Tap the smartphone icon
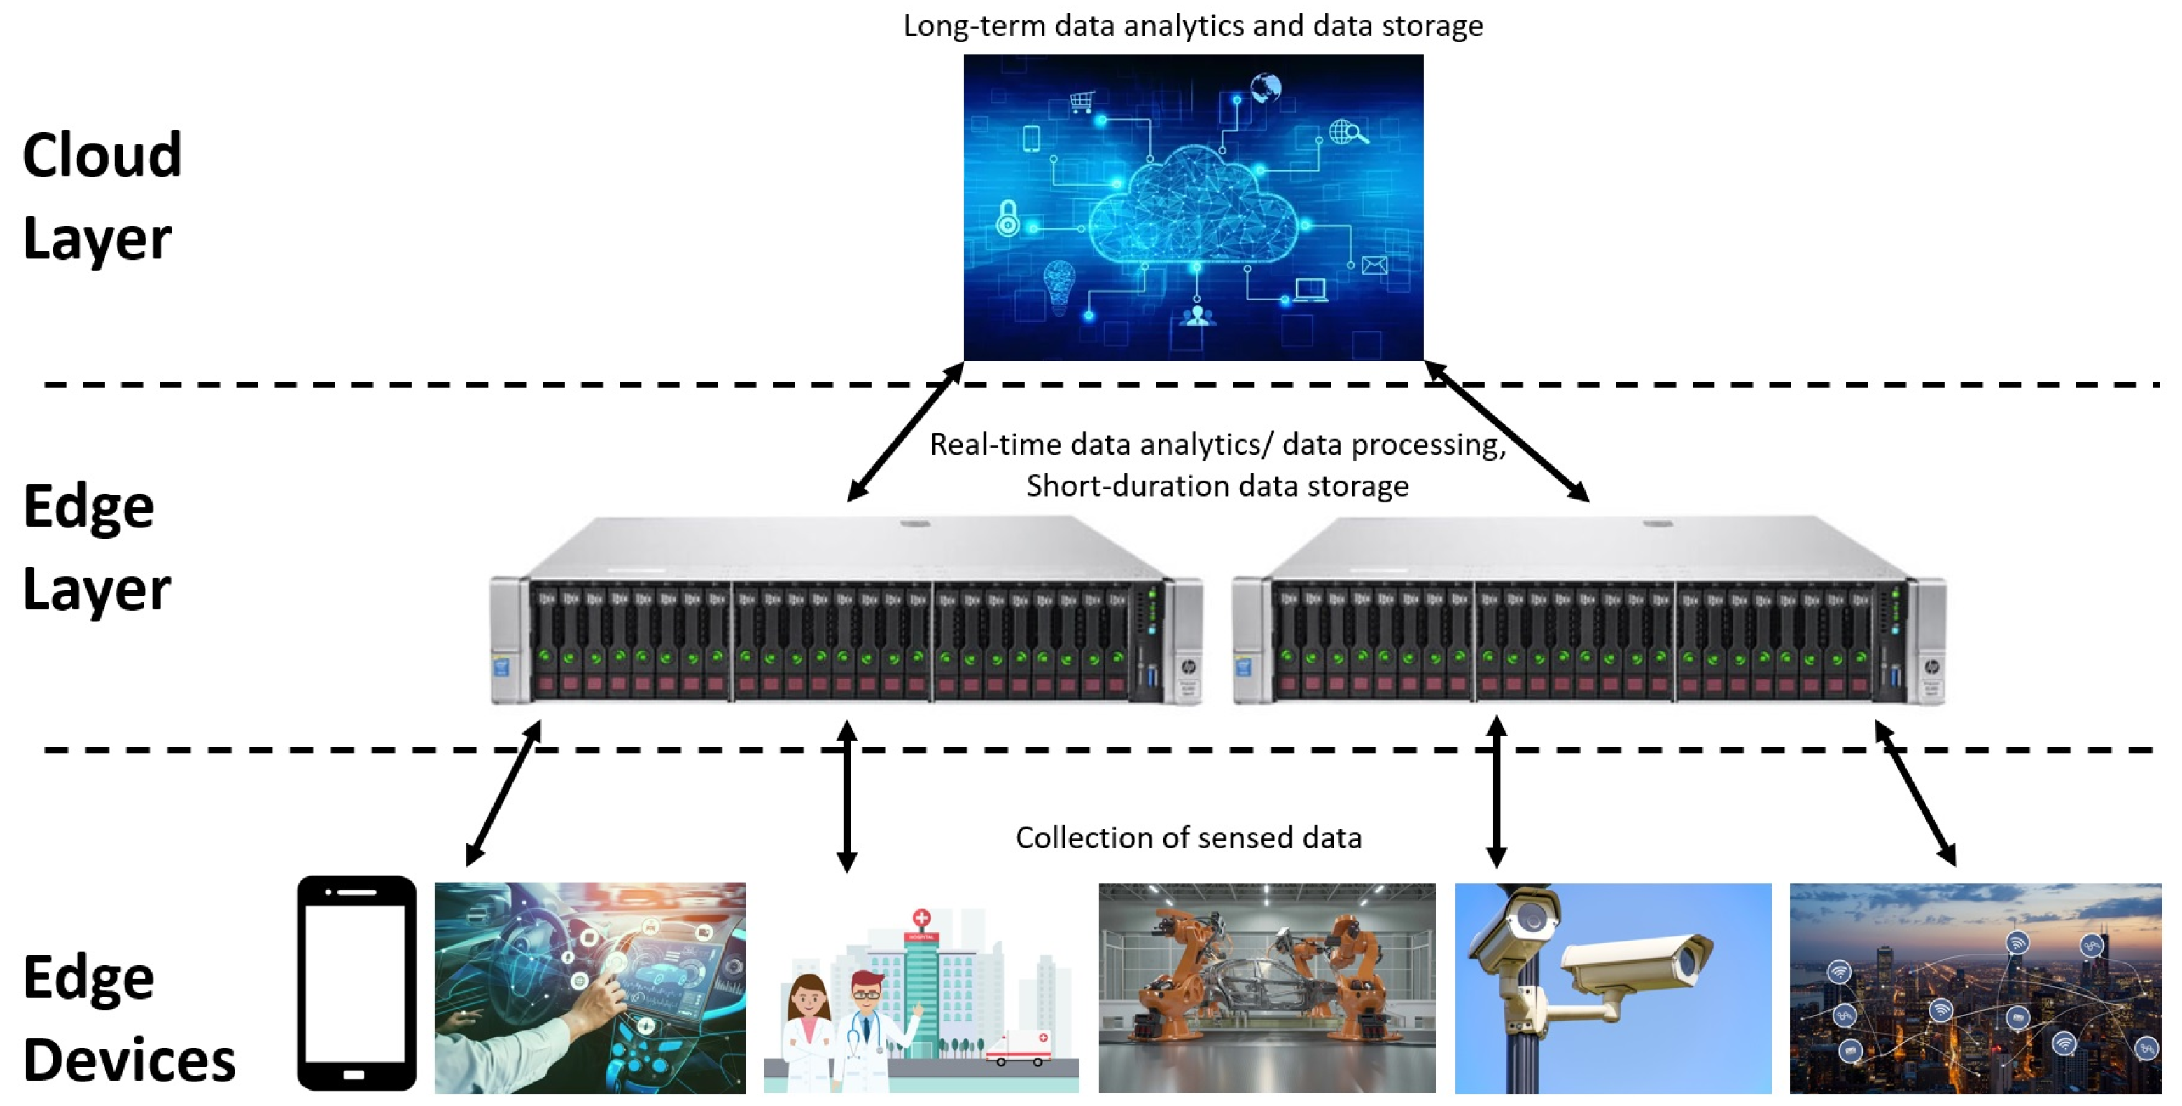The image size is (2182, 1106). click(x=356, y=983)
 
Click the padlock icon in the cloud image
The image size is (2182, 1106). click(x=1007, y=219)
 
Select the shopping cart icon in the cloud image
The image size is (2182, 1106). click(x=1081, y=102)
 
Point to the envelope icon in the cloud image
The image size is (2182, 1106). click(x=1374, y=265)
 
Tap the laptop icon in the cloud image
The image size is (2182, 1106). click(x=1310, y=290)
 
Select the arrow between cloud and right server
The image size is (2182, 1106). click(x=1507, y=431)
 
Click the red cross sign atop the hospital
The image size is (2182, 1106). click(x=921, y=918)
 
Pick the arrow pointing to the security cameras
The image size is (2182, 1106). click(x=1497, y=792)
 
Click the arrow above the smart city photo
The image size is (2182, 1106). click(x=1915, y=792)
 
